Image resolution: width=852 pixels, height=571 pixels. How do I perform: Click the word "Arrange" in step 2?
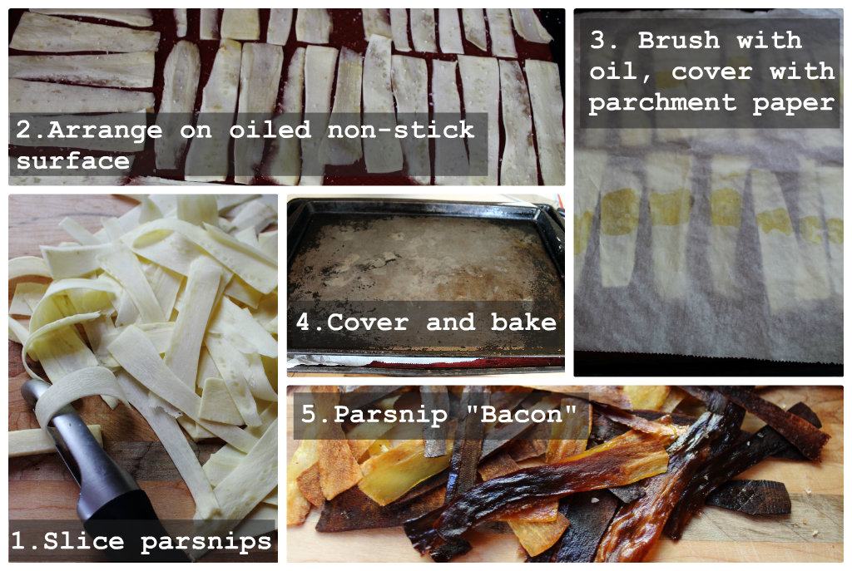tap(104, 130)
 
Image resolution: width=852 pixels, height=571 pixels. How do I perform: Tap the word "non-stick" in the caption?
tap(400, 130)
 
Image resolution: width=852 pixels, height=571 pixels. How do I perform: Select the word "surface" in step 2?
tap(73, 160)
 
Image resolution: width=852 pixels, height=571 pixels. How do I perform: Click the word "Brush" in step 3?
tap(679, 40)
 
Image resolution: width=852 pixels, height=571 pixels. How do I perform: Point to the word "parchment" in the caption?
tap(662, 103)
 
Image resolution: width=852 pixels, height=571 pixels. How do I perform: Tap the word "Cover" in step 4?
tap(367, 322)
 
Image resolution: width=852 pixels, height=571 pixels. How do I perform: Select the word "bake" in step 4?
tap(524, 322)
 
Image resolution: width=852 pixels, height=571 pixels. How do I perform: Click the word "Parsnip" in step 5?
tap(391, 416)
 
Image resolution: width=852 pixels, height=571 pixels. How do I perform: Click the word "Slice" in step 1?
tap(84, 540)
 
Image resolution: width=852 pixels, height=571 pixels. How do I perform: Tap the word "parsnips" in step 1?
tap(206, 542)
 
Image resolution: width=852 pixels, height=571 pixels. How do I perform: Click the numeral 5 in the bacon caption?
tap(308, 414)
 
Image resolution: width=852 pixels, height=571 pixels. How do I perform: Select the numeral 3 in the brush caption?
tap(597, 40)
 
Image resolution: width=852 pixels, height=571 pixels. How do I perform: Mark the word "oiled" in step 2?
tap(270, 130)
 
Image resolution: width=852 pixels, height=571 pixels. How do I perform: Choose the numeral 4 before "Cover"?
tap(303, 322)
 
